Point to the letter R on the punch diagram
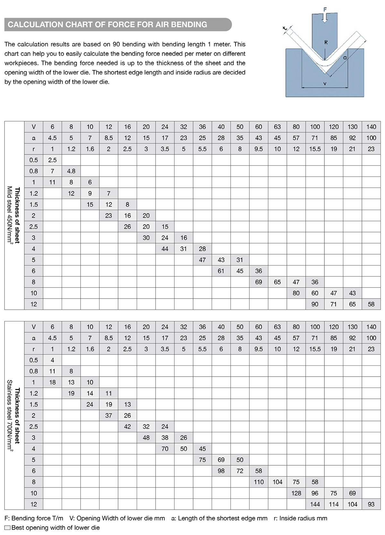point(326,42)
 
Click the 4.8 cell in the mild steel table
point(71,171)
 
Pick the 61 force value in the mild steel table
point(221,271)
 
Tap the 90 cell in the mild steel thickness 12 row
point(315,304)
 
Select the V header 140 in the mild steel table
point(371,127)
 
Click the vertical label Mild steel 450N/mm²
point(10,215)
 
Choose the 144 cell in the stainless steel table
point(315,504)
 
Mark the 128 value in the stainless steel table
point(296,493)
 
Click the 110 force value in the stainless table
point(259,482)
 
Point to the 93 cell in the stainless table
point(371,504)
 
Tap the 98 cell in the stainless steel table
point(221,471)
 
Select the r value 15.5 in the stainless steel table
point(315,349)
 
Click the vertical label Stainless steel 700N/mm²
point(10,416)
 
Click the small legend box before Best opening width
point(7,528)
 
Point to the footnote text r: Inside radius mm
point(300,518)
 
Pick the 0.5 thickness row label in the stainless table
point(34,360)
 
